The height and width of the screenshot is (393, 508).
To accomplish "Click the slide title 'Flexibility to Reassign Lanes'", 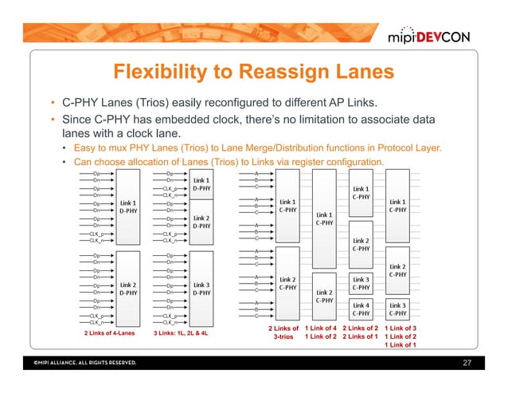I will click(x=253, y=73).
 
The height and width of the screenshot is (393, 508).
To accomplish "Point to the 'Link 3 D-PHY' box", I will click(x=201, y=288).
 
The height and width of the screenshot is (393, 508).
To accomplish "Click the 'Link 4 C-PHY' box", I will click(x=361, y=309).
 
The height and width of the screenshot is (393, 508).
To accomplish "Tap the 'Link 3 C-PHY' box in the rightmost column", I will click(x=400, y=309).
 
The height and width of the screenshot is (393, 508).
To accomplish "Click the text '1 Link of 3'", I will click(x=400, y=328).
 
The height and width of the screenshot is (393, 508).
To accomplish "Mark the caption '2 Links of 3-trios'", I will click(x=283, y=332).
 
